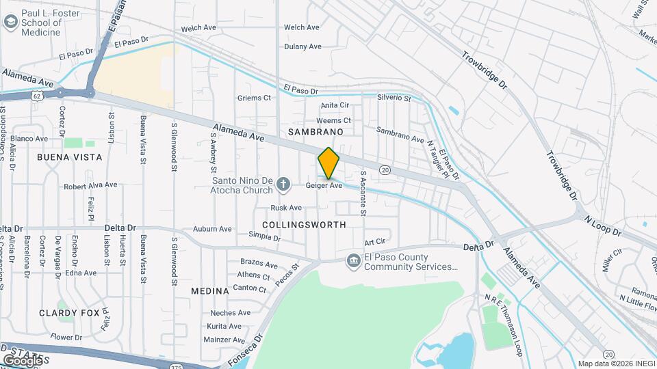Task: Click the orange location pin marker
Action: click(x=328, y=163)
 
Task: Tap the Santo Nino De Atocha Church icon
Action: click(x=285, y=184)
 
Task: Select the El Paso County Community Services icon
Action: click(x=353, y=260)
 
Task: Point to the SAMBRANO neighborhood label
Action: click(x=315, y=131)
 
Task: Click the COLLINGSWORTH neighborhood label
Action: click(x=304, y=224)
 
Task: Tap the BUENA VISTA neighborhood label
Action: click(x=70, y=157)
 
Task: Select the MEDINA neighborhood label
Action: click(x=209, y=291)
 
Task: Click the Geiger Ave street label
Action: click(x=324, y=186)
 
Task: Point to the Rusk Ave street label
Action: click(x=286, y=208)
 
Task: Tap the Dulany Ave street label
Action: click(x=303, y=47)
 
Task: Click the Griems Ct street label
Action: click(x=254, y=98)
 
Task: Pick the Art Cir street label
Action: click(x=375, y=242)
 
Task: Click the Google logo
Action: click(x=23, y=360)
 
